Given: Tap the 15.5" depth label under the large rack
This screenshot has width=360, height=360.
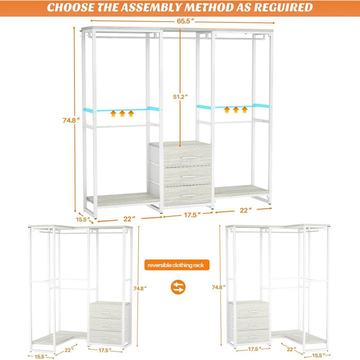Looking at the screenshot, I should (82, 219).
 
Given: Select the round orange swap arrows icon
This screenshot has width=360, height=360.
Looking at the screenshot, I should (179, 288).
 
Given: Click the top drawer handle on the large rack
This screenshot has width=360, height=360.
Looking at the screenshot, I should (188, 158).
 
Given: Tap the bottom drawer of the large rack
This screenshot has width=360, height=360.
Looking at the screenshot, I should (187, 195).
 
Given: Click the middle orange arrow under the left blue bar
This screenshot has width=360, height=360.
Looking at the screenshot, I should (122, 113).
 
